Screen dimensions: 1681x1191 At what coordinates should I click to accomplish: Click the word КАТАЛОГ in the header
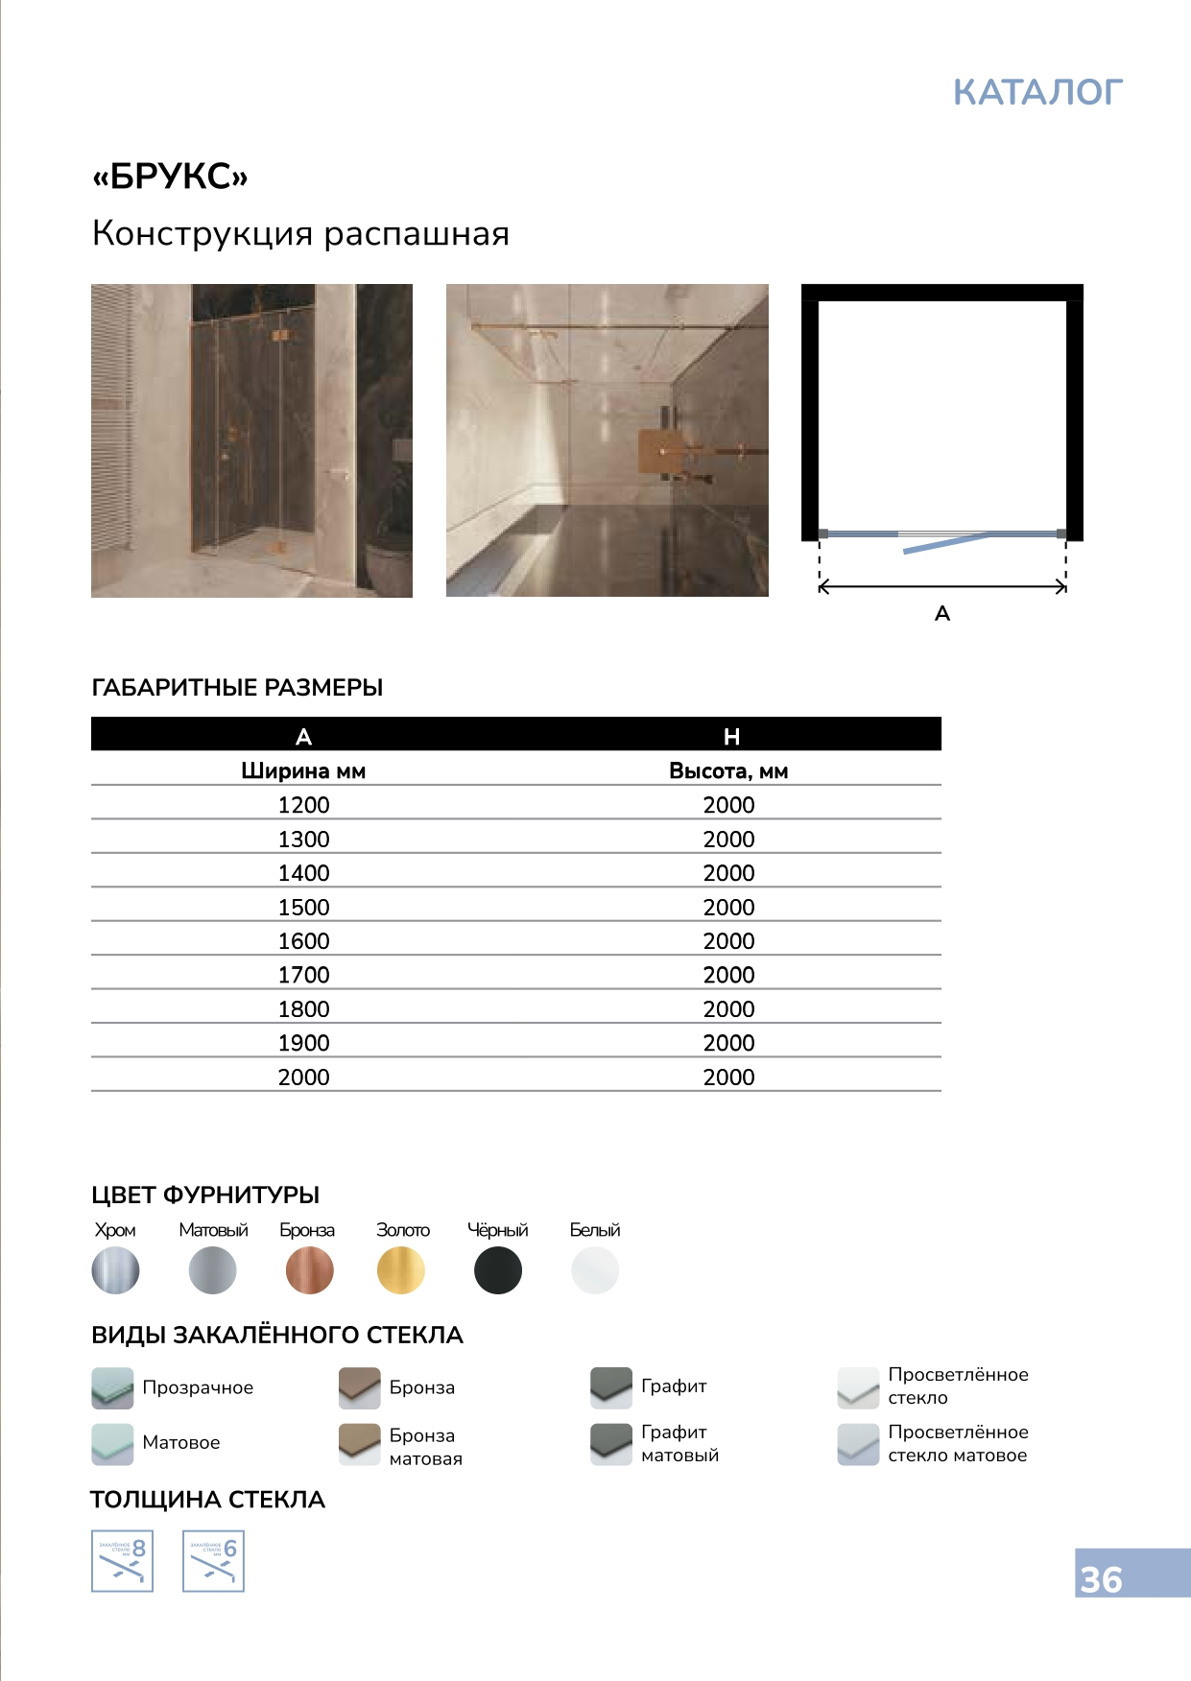coord(1037,92)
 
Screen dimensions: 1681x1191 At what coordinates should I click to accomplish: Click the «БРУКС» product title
coord(170,177)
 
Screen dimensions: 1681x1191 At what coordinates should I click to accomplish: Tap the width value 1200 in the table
coord(303,805)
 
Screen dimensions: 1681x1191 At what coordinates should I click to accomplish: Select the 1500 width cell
coord(303,907)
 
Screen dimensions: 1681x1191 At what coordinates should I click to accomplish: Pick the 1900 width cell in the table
coord(303,1043)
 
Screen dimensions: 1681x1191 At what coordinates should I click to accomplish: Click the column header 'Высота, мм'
coord(728,771)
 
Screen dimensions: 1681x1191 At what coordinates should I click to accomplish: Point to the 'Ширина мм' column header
coord(303,771)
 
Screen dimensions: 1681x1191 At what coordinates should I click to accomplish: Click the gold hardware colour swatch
coord(401,1270)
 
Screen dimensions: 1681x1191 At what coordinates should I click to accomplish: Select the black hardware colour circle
coord(498,1270)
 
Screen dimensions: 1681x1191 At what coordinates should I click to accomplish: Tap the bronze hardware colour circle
coord(309,1270)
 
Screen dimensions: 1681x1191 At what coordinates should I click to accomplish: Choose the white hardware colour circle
coord(595,1270)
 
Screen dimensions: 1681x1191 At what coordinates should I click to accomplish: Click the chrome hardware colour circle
coord(115,1270)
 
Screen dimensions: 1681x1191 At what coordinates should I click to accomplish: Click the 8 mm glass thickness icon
coord(122,1561)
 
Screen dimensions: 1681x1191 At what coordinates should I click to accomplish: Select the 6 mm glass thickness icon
coord(213,1561)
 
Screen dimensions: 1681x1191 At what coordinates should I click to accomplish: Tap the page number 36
coord(1101,1579)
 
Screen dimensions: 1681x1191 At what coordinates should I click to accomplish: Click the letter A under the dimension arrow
coord(942,614)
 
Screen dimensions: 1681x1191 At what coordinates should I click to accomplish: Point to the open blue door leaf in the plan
coord(945,544)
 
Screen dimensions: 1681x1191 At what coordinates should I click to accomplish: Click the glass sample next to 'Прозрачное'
coord(112,1387)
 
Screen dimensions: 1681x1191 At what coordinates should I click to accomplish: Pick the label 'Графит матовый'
coord(679,1443)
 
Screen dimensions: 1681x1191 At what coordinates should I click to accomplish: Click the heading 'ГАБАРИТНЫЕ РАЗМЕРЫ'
coord(237,688)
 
